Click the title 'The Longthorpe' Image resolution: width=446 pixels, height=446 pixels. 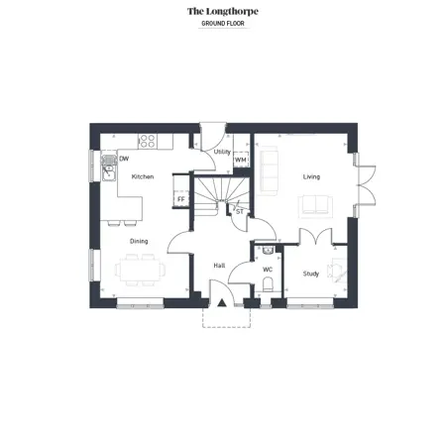coord(223,12)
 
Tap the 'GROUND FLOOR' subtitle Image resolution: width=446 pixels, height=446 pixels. coord(223,24)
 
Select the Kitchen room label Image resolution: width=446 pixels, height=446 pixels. coord(143,176)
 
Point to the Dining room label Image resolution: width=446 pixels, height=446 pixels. coord(139,241)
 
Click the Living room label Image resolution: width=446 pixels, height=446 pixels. coord(311,176)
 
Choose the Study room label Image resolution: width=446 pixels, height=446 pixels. coord(311,274)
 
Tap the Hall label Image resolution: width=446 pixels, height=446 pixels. coord(219,266)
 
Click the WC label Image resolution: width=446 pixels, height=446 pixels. coord(268,270)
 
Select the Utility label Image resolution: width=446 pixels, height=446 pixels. coord(222,152)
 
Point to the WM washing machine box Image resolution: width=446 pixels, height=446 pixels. coord(241,160)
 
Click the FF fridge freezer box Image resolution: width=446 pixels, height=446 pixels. coord(181,199)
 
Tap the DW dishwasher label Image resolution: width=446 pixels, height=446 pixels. coord(124,159)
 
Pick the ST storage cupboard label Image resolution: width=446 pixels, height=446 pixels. coord(240,212)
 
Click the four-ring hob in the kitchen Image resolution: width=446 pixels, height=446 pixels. coord(148,142)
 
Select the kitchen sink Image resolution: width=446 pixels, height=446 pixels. coord(108,168)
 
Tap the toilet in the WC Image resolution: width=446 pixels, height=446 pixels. coord(268,284)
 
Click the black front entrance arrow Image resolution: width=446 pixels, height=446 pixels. coord(221,302)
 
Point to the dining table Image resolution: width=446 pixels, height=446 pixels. coord(140,270)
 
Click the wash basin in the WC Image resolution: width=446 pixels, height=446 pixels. coord(268,250)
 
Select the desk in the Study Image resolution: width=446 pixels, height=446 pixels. coord(339,271)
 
